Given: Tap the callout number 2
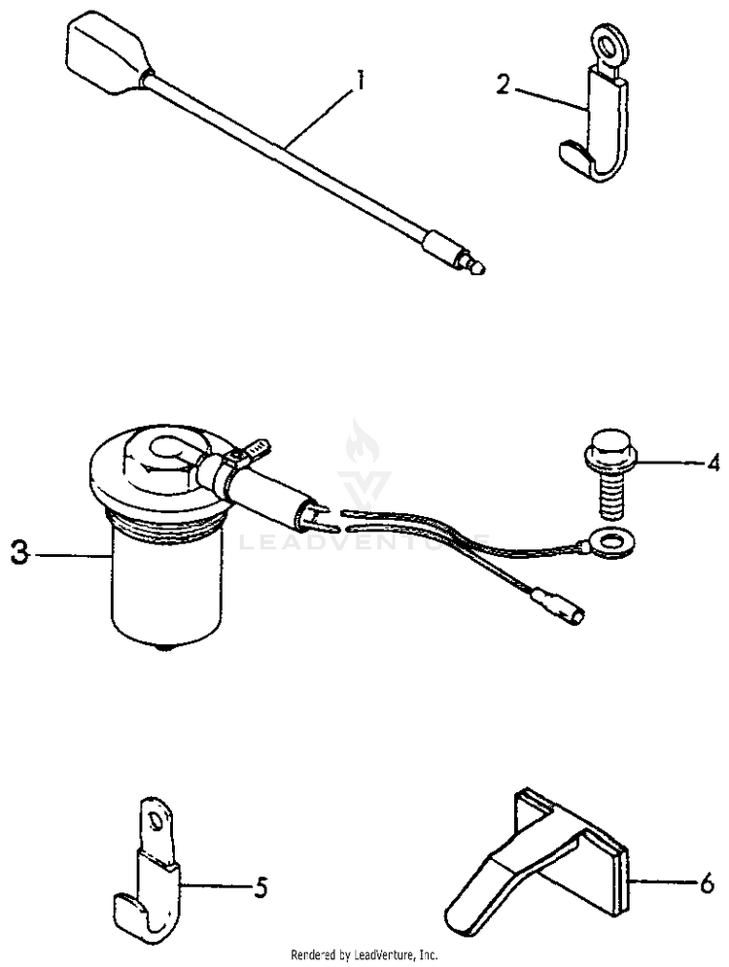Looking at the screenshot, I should [x=503, y=85].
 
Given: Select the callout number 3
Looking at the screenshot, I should [x=19, y=554].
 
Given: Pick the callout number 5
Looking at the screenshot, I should [x=260, y=886].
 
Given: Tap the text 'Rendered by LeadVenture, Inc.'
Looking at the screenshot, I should [x=365, y=954].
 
